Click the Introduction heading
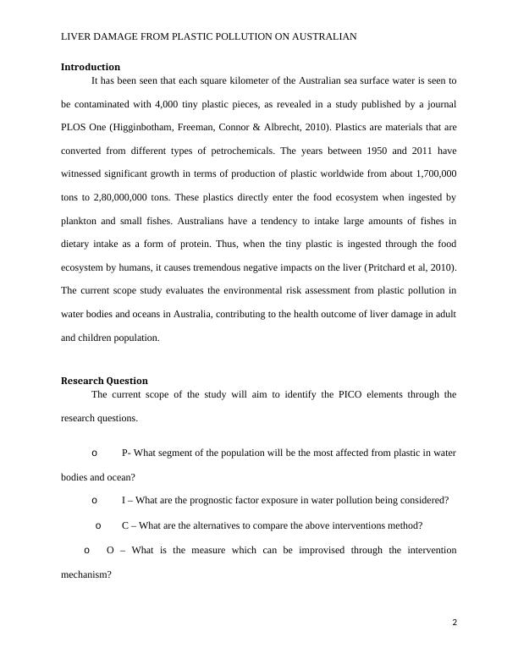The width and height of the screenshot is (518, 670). point(91,67)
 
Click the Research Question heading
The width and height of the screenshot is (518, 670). point(104,381)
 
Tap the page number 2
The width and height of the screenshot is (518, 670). point(455,623)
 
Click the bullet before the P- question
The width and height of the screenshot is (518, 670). point(94,453)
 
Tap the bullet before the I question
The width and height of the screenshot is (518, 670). point(94,500)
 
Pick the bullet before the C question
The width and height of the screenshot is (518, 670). point(99,525)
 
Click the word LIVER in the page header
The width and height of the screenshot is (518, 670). point(79,36)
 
